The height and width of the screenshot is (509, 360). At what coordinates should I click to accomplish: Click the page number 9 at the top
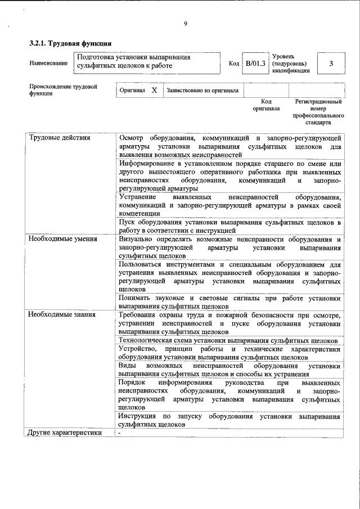(x=185, y=24)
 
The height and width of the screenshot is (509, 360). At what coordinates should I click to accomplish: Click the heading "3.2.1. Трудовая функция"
(x=70, y=43)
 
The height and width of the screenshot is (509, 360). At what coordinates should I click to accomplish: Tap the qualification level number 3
(x=331, y=63)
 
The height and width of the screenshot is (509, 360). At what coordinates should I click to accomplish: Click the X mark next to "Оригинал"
(x=154, y=90)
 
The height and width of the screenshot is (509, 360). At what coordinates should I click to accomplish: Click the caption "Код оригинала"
(x=266, y=105)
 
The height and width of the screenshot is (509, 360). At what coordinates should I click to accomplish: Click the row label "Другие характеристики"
(x=65, y=433)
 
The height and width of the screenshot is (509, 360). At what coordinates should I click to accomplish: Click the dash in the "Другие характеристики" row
(x=120, y=433)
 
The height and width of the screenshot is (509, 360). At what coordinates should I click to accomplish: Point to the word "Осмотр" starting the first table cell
(x=133, y=138)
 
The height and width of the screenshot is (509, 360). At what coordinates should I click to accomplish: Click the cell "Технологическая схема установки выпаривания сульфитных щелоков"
(x=228, y=340)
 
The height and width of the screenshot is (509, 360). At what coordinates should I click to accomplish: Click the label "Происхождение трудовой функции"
(x=63, y=90)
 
